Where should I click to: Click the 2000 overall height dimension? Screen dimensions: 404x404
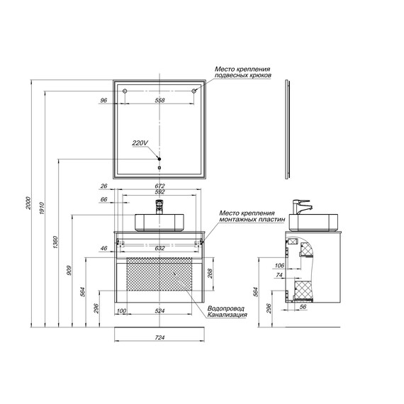(28, 203)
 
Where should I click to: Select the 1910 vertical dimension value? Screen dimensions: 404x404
(43, 208)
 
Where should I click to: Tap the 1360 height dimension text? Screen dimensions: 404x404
(56, 242)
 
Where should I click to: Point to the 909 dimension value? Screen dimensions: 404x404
(69, 270)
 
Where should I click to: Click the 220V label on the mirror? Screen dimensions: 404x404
(140, 142)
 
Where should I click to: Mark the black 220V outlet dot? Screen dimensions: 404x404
(159, 159)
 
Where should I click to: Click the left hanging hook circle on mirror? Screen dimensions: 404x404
(125, 91)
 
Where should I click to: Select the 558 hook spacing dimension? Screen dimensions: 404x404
(159, 100)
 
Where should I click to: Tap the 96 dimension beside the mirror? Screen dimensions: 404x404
(103, 100)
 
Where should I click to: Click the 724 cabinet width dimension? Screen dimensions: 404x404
(159, 337)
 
